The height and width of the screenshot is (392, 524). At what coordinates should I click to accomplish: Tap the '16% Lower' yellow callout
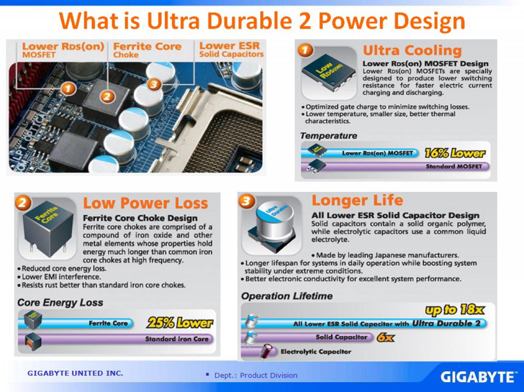455,153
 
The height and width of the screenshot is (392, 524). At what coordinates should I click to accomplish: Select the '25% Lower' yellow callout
180,323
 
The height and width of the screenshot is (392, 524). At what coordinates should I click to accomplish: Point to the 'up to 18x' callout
455,310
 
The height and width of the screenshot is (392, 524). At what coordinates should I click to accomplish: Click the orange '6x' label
386,338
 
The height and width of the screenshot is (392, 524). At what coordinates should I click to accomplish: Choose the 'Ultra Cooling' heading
412,50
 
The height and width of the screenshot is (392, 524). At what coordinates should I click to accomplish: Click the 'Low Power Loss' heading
145,203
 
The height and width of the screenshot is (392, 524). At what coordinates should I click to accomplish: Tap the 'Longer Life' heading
357,200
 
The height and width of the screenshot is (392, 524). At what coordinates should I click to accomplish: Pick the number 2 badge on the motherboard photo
107,97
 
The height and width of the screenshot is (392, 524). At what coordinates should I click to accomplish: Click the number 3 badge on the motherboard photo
154,84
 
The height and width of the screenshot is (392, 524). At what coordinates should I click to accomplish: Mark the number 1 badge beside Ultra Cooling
305,50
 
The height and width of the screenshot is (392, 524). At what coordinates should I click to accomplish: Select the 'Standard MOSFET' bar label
454,166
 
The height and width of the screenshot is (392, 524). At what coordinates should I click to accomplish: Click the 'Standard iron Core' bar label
177,339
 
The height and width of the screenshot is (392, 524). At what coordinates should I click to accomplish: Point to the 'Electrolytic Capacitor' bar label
316,351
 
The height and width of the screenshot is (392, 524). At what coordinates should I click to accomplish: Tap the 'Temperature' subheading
328,135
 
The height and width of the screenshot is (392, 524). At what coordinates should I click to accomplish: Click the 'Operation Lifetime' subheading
287,296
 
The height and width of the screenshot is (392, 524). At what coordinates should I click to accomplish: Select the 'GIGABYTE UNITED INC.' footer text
75,373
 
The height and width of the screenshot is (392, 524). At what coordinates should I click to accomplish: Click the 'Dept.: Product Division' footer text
256,375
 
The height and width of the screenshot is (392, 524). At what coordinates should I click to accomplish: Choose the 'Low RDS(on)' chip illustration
329,73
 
